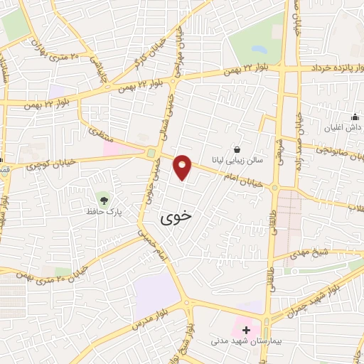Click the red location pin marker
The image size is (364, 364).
coord(183,167)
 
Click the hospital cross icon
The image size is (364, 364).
coord(247,330)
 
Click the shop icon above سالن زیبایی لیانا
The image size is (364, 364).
coord(237,150)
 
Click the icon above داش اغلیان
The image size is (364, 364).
coord(355,117)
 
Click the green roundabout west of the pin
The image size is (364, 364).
coord(151,153)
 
